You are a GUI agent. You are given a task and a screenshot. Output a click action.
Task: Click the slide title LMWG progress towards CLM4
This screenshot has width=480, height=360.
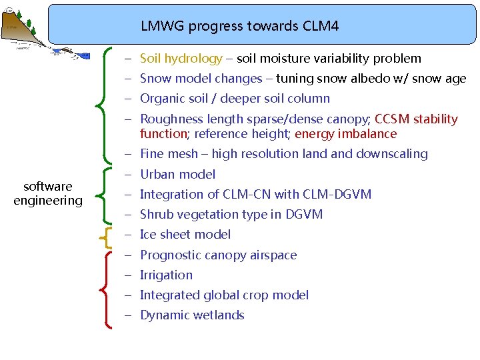[239, 27]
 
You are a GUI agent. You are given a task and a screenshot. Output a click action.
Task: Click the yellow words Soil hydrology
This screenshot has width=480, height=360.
[181, 59]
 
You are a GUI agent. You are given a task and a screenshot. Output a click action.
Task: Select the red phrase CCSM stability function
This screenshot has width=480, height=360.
[416, 119]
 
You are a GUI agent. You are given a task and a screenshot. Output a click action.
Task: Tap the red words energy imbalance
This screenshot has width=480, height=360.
[345, 134]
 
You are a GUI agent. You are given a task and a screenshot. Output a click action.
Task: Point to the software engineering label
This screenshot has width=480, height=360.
[48, 193]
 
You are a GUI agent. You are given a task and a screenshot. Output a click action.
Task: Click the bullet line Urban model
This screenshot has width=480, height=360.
[177, 175]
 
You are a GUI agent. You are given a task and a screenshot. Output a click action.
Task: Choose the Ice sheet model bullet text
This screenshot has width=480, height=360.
[185, 235]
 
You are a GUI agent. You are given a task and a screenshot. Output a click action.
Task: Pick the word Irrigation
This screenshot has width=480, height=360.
[166, 275]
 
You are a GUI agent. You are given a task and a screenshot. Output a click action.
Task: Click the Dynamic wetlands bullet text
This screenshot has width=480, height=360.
[192, 315]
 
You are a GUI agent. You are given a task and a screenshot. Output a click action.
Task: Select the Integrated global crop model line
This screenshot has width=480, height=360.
[224, 295]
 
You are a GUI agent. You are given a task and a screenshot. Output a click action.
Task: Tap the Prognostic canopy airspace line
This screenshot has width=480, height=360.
[218, 255]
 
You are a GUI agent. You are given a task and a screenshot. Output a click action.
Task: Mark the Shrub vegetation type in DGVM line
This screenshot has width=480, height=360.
[231, 215]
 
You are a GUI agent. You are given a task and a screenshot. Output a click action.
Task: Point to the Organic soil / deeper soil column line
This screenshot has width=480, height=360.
[235, 99]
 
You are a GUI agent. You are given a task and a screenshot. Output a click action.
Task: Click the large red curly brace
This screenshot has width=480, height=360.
[105, 288]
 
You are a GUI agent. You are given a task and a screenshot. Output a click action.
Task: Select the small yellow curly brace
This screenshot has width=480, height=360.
[105, 235]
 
